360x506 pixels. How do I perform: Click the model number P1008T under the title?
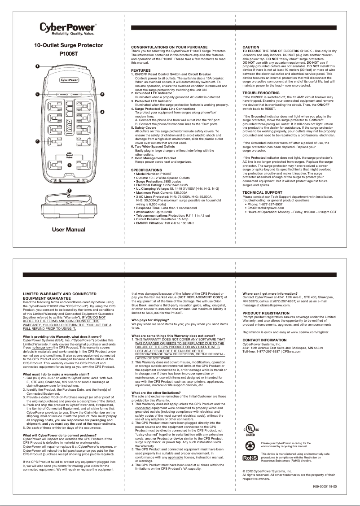tap(69, 54)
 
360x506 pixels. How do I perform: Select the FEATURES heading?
tap(141, 70)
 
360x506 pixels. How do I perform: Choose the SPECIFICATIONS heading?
tap(146, 170)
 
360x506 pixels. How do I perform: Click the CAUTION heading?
tap(251, 47)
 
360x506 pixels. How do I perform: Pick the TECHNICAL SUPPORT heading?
tap(263, 192)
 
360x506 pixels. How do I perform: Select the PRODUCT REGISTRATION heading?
tap(266, 312)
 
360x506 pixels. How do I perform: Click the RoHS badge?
tap(250, 458)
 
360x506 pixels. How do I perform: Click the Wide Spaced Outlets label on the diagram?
tap(70, 155)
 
